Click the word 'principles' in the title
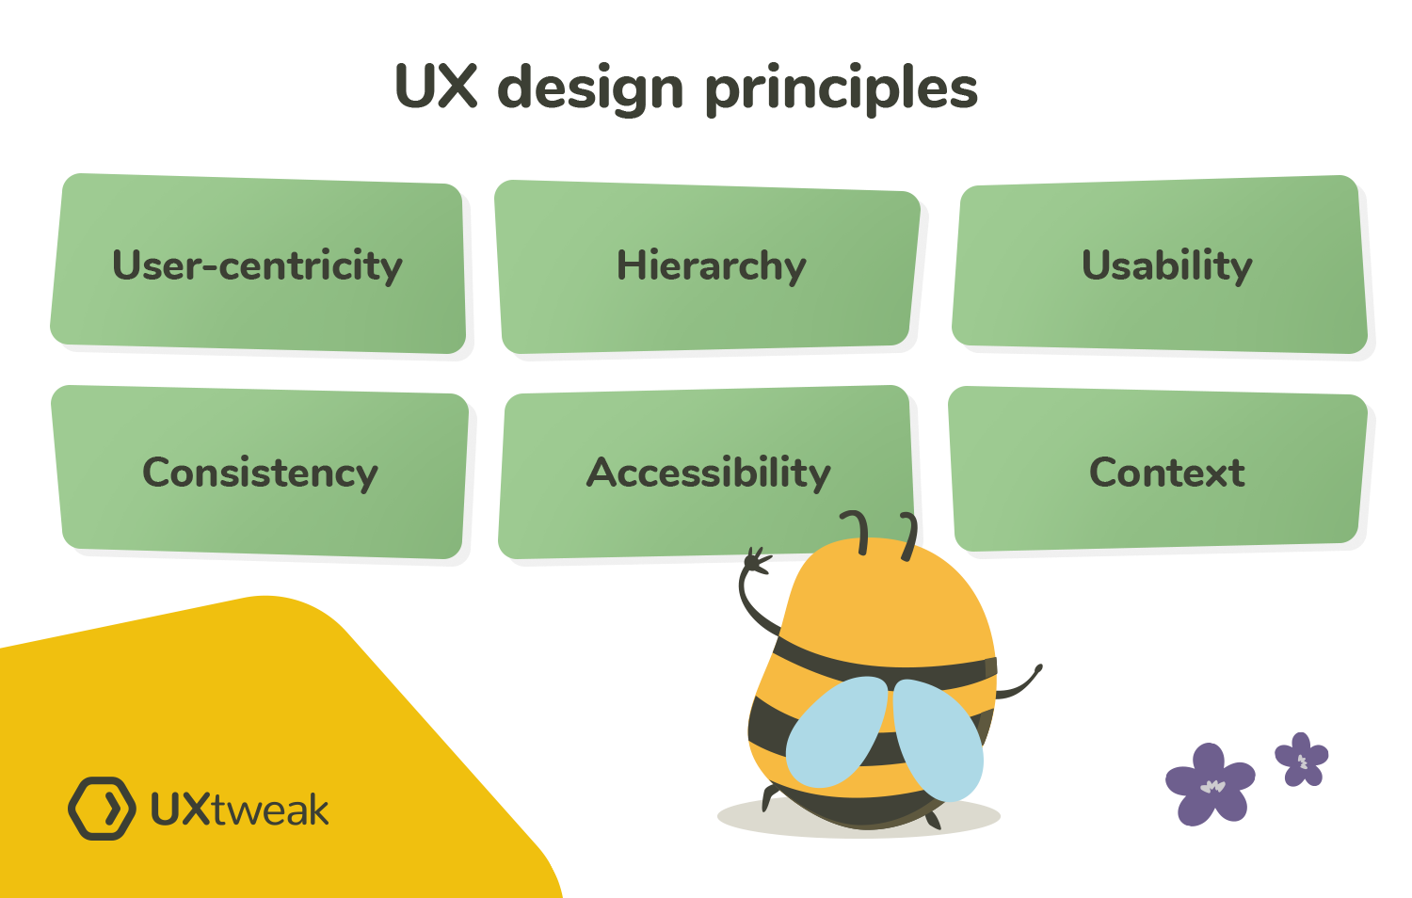point(841,89)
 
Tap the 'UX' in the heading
point(438,88)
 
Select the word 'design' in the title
point(590,89)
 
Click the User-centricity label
point(257,265)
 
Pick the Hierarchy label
point(711,265)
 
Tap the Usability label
point(1166,265)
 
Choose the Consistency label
point(260,473)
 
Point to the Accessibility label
point(709,473)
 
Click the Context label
point(1166,473)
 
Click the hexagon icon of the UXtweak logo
point(102,808)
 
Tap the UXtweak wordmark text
point(240,810)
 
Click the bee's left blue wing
point(836,732)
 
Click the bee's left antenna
point(859,531)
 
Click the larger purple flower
point(1210,783)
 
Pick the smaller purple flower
point(1302,759)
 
